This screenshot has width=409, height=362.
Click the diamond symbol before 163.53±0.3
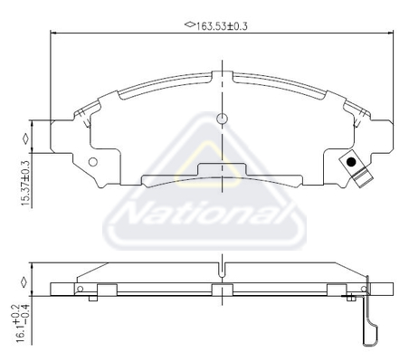click(189, 25)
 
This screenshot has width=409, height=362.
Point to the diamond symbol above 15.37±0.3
click(26, 138)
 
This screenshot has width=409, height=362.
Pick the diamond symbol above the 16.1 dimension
click(26, 281)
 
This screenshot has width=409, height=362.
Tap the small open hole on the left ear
click(91, 162)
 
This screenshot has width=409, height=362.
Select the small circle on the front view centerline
click(222, 119)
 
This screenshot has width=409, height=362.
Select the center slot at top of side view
click(222, 270)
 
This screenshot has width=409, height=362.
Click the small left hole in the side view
click(81, 290)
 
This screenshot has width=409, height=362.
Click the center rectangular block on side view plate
click(222, 291)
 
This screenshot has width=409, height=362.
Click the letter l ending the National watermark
click(291, 215)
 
